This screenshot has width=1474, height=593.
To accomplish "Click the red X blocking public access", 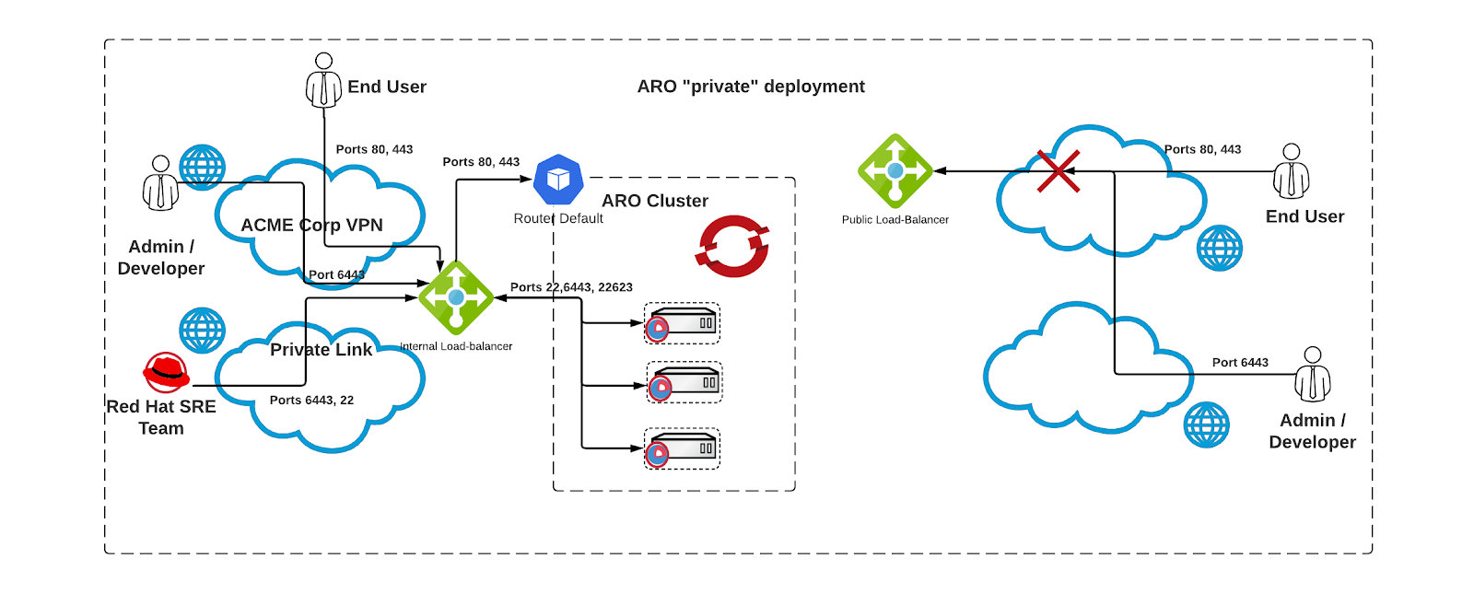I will pos(1058,171).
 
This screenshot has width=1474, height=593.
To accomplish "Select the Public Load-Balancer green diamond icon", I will pos(895,171).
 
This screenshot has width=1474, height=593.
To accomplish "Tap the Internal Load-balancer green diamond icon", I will pos(456,297).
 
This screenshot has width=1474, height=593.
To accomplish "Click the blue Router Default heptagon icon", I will pos(558,180).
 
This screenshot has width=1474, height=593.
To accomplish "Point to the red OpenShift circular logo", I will pos(733,247).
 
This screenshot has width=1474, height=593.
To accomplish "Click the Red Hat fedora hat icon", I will pos(167,372).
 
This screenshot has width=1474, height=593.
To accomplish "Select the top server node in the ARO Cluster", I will pos(682,324).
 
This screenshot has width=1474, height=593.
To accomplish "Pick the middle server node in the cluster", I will pos(684,383).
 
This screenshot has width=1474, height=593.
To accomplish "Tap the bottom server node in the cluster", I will pos(682,449).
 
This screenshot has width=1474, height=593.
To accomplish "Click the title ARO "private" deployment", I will pos(751,87).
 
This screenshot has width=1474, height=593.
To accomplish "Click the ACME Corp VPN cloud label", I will pos(311,226).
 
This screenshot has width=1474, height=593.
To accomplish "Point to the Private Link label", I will pos(321,350).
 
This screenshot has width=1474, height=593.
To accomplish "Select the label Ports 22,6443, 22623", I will pos(571,287).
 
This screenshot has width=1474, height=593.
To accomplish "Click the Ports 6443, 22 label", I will pos(311,401).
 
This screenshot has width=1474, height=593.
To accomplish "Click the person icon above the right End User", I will pos(1291,171).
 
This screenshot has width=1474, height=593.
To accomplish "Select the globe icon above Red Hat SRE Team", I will pos(202,331).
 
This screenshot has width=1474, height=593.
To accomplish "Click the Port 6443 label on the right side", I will pos(1240,363).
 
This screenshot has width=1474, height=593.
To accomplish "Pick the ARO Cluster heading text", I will pos(655,201).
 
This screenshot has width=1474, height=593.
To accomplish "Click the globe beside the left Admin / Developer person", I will pos(202,168).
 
